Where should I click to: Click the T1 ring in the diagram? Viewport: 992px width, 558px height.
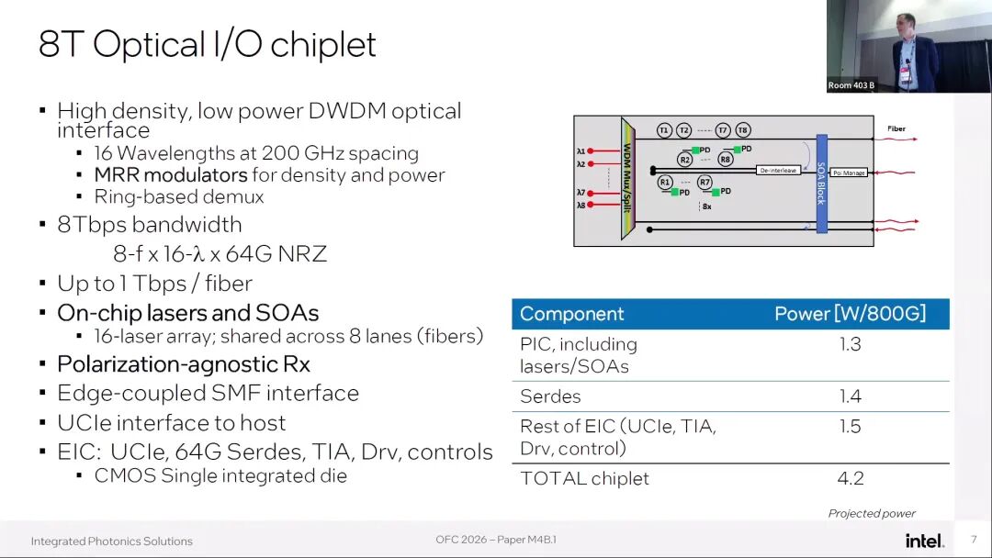pos(663,130)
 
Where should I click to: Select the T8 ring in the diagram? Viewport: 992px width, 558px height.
pos(742,130)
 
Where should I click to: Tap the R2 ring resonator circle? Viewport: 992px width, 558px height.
pos(684,160)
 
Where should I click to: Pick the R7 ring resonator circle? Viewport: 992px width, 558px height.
pos(705,183)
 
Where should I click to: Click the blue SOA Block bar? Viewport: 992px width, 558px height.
pos(821,183)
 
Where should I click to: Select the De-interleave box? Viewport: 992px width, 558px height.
pos(778,171)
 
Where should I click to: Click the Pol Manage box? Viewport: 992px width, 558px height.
pos(849,173)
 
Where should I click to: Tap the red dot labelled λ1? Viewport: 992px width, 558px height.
pos(592,151)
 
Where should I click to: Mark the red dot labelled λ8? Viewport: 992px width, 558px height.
pos(592,206)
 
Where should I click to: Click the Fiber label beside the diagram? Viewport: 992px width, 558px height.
pos(896,128)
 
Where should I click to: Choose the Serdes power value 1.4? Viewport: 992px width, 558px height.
pos(850,396)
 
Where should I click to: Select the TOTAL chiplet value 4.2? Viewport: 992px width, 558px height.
pos(850,478)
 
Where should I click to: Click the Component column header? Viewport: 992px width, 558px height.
pos(571,314)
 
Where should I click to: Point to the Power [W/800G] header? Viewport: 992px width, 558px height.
pos(850,314)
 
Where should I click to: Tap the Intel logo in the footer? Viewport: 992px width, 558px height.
pos(924,541)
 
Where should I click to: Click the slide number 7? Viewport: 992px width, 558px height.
pos(974,540)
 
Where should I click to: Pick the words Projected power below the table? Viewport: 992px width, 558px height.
pos(872,514)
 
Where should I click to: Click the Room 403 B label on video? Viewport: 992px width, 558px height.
pos(851,85)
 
